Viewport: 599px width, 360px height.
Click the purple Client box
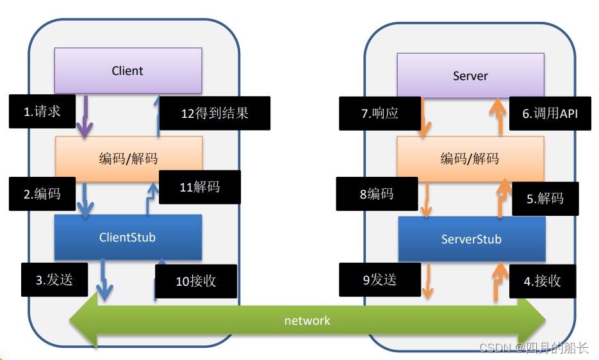pos(128,70)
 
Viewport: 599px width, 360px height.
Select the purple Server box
pos(471,76)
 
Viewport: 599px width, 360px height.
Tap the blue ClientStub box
pos(128,237)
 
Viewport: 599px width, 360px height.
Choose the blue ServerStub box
pos(472,239)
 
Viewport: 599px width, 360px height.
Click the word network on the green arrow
pos(307,321)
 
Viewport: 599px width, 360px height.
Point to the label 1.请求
pos(42,111)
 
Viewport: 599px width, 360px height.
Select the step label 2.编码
pos(42,193)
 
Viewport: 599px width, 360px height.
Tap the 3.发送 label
pos(54,280)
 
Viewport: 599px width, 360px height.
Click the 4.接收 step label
pos(543,281)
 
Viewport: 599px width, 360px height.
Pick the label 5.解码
pos(545,199)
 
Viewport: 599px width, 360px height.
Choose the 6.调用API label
pos(550,113)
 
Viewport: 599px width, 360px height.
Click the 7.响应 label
pos(380,113)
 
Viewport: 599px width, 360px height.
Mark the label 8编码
pos(377,193)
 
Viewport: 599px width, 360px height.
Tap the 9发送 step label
pos(380,280)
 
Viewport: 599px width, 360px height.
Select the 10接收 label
pos(196,281)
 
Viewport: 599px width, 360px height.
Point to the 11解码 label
pos(200,187)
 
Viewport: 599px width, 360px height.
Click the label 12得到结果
pos(215,113)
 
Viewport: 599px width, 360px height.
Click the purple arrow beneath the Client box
pos(85,117)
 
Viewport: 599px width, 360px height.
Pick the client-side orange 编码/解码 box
pos(129,159)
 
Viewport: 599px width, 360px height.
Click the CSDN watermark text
pos(534,347)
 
